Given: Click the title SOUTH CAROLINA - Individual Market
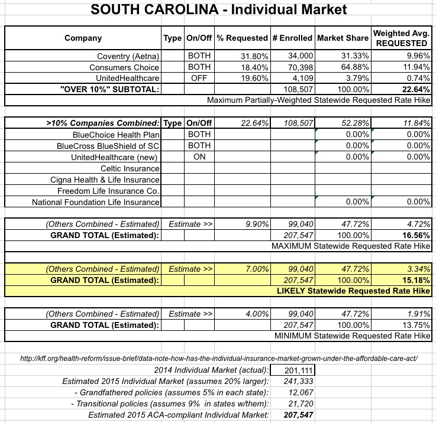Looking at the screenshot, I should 218,10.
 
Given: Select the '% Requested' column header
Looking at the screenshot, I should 243,38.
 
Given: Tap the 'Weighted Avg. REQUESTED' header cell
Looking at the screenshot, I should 402,38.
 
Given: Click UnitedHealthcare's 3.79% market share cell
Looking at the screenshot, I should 354,78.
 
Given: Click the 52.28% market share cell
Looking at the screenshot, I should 354,123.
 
